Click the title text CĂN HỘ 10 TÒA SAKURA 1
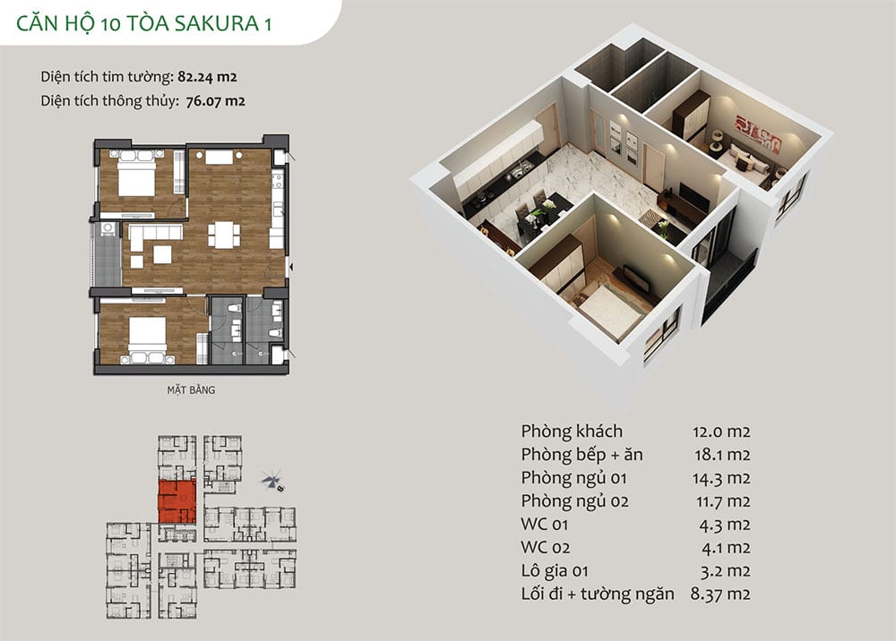143,23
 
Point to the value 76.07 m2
215,101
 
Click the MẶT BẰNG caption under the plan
191,389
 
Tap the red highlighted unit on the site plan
177,501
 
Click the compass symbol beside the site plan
273,481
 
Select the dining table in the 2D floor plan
224,235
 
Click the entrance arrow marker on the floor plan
291,267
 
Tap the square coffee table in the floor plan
162,254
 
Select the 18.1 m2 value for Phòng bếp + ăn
721,455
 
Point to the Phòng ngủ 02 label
574,501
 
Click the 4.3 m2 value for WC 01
725,525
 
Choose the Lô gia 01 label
555,571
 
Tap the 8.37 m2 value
720,594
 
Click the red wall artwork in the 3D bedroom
757,134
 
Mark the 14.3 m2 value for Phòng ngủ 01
721,478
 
